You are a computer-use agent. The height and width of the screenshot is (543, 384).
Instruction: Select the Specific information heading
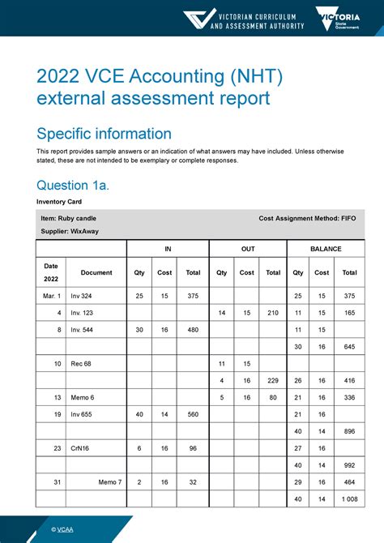[104, 134]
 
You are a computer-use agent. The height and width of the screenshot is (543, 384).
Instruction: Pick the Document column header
[96, 273]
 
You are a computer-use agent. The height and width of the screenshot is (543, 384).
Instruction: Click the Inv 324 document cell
[81, 296]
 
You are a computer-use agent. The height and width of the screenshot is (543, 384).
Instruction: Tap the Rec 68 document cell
[81, 364]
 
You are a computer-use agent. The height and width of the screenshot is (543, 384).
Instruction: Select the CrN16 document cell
[79, 448]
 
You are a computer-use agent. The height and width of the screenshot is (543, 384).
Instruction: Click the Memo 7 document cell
[110, 482]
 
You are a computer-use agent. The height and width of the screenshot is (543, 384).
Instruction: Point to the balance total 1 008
[349, 499]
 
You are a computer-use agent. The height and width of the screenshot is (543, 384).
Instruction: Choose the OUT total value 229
[273, 381]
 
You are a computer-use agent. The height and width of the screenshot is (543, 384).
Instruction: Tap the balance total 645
[350, 347]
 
